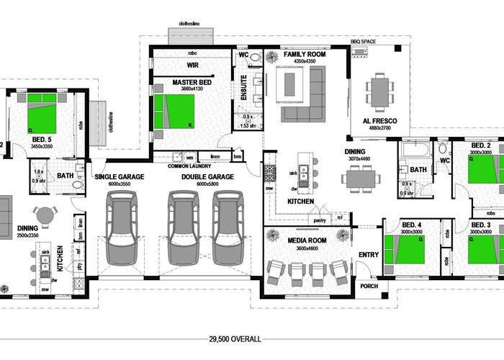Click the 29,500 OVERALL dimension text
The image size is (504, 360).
coord(235,338)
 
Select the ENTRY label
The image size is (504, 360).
coord(367,255)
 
